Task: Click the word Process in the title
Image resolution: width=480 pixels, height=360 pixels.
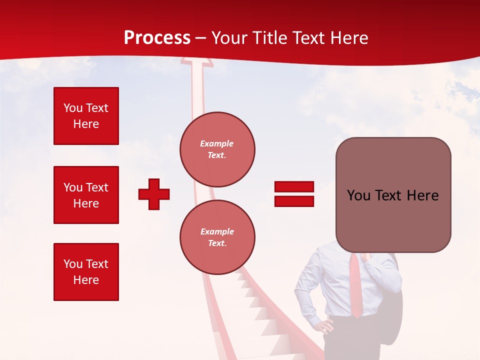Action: coord(157,38)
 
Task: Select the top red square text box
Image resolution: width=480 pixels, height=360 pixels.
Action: coord(86,116)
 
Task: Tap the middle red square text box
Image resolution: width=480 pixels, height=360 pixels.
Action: coord(86,195)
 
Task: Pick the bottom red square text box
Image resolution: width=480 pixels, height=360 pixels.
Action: coord(86,271)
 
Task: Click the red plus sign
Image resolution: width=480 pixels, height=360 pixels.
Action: coord(154,194)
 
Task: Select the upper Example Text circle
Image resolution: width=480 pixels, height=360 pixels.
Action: coord(217,149)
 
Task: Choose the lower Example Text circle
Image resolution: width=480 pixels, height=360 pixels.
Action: coord(217,237)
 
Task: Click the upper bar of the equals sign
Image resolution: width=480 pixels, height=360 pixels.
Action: coord(294,187)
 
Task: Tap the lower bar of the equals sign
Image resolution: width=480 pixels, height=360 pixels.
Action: coord(294,201)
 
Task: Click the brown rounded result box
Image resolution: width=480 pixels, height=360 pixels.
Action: coord(393,195)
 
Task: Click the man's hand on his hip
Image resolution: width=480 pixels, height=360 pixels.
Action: coord(326,326)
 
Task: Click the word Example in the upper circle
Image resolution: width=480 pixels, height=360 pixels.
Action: coord(217,144)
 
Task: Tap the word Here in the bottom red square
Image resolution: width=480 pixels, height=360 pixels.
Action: coord(86,280)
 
